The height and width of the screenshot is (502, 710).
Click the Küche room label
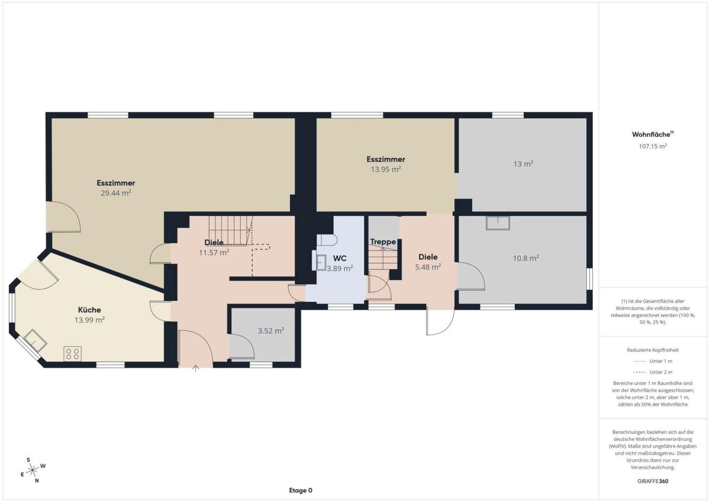[89, 310]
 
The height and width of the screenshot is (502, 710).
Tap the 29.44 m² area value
[116, 193]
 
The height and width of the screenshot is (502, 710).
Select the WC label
[340, 258]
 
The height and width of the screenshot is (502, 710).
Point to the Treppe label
[383, 242]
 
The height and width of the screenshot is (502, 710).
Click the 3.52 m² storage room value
[271, 331]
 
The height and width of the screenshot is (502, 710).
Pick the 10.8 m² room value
[526, 258]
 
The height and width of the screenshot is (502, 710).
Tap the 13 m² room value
[523, 164]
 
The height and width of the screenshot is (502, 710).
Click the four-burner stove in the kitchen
[73, 354]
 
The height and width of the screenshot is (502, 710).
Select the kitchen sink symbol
[35, 340]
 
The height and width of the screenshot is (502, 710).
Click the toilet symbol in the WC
[327, 240]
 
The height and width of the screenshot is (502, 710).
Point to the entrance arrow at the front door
[196, 368]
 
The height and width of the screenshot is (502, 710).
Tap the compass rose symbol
[33, 470]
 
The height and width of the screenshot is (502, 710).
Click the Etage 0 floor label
[301, 490]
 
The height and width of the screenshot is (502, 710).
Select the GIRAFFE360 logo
[653, 481]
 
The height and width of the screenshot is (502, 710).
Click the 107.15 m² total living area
[653, 146]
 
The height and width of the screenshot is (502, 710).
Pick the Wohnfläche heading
[653, 134]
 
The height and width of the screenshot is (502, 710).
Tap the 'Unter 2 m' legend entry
[653, 372]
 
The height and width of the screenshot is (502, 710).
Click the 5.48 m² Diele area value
[428, 267]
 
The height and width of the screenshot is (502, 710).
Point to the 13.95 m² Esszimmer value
[386, 169]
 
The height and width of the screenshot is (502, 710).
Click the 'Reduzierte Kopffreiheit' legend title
[653, 350]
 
